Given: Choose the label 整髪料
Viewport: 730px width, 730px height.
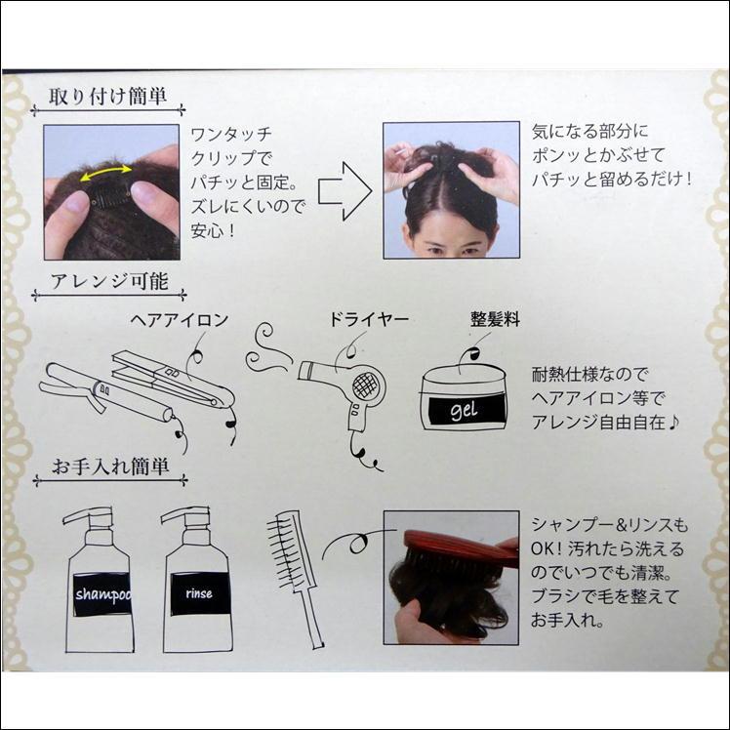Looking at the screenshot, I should click(495, 320).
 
